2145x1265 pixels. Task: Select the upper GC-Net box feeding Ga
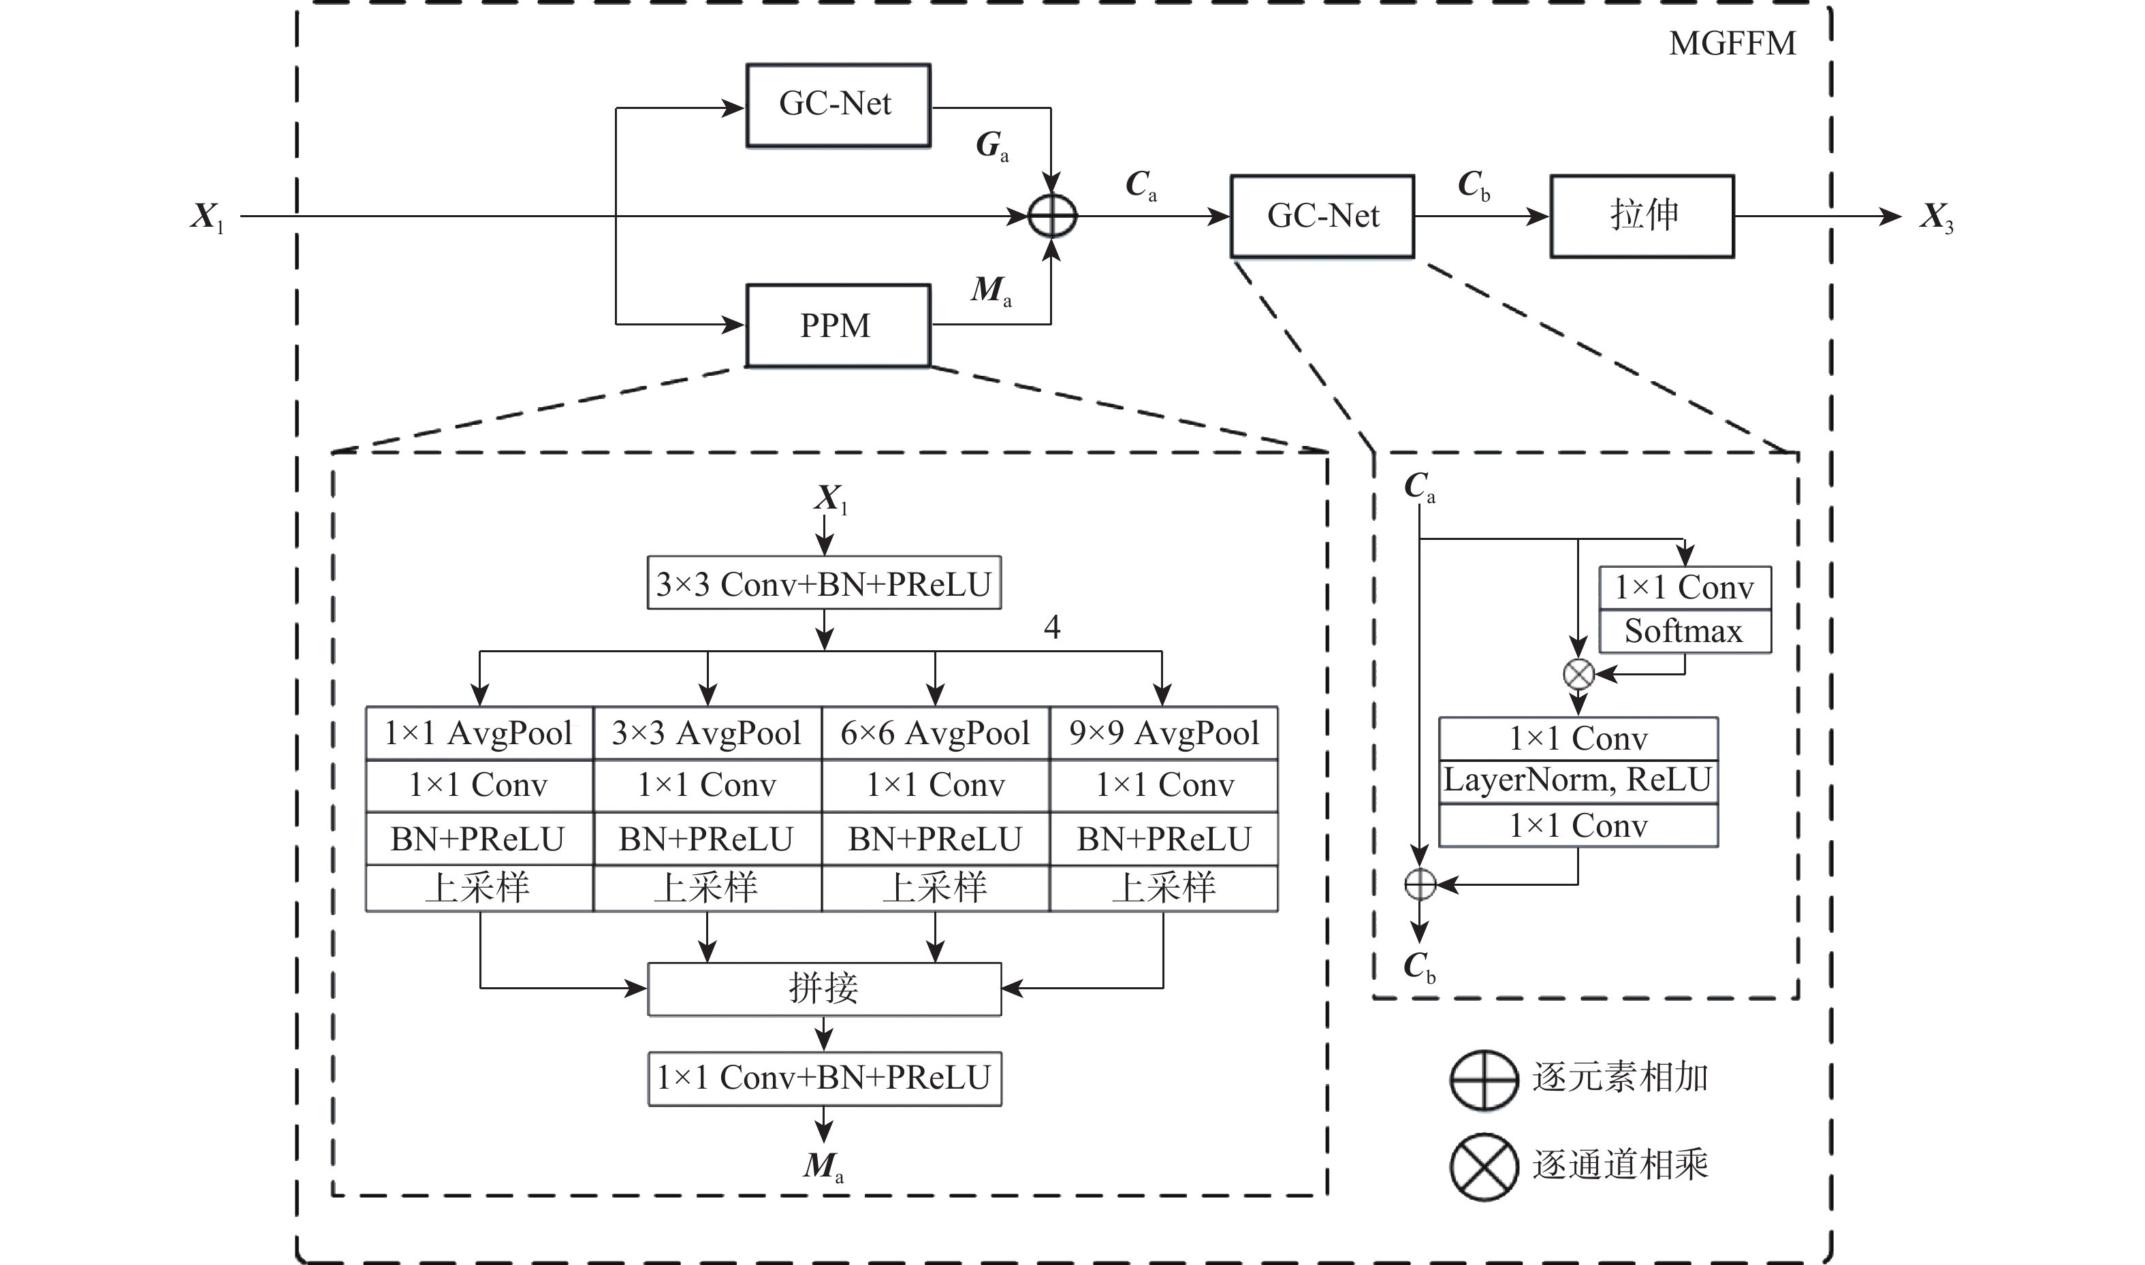[x=837, y=105]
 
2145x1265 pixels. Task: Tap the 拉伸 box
[x=1641, y=216]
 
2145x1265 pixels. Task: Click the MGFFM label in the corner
[x=1732, y=44]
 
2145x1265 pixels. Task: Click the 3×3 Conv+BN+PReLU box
[x=823, y=584]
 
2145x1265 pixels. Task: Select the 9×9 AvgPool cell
[x=1164, y=733]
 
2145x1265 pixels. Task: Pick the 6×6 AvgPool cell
[x=935, y=733]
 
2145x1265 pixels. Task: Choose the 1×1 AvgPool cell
[x=479, y=733]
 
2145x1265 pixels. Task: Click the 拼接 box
[x=823, y=989]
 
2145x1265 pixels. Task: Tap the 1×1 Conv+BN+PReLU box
[x=823, y=1078]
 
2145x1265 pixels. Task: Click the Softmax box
[x=1684, y=632]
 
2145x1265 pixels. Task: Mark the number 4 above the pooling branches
[x=1052, y=627]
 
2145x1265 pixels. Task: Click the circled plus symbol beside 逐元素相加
[x=1483, y=1079]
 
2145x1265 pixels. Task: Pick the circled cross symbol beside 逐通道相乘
[x=1483, y=1166]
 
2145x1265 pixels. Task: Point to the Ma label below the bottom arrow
[x=823, y=1166]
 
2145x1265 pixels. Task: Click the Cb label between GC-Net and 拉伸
[x=1473, y=184]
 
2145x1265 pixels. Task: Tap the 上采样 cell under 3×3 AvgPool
[x=707, y=887]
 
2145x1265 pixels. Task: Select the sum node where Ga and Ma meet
[x=1052, y=217]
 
